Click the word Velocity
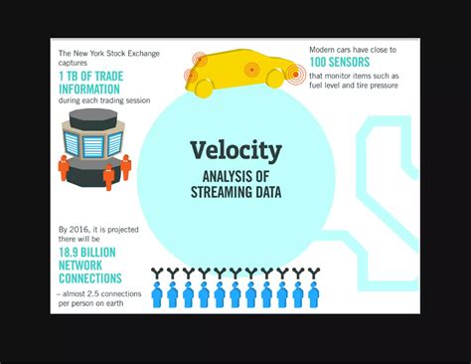click(235, 152)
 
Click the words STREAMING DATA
click(235, 192)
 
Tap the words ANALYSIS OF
click(235, 176)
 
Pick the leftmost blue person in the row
click(157, 294)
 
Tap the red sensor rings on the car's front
click(295, 73)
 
